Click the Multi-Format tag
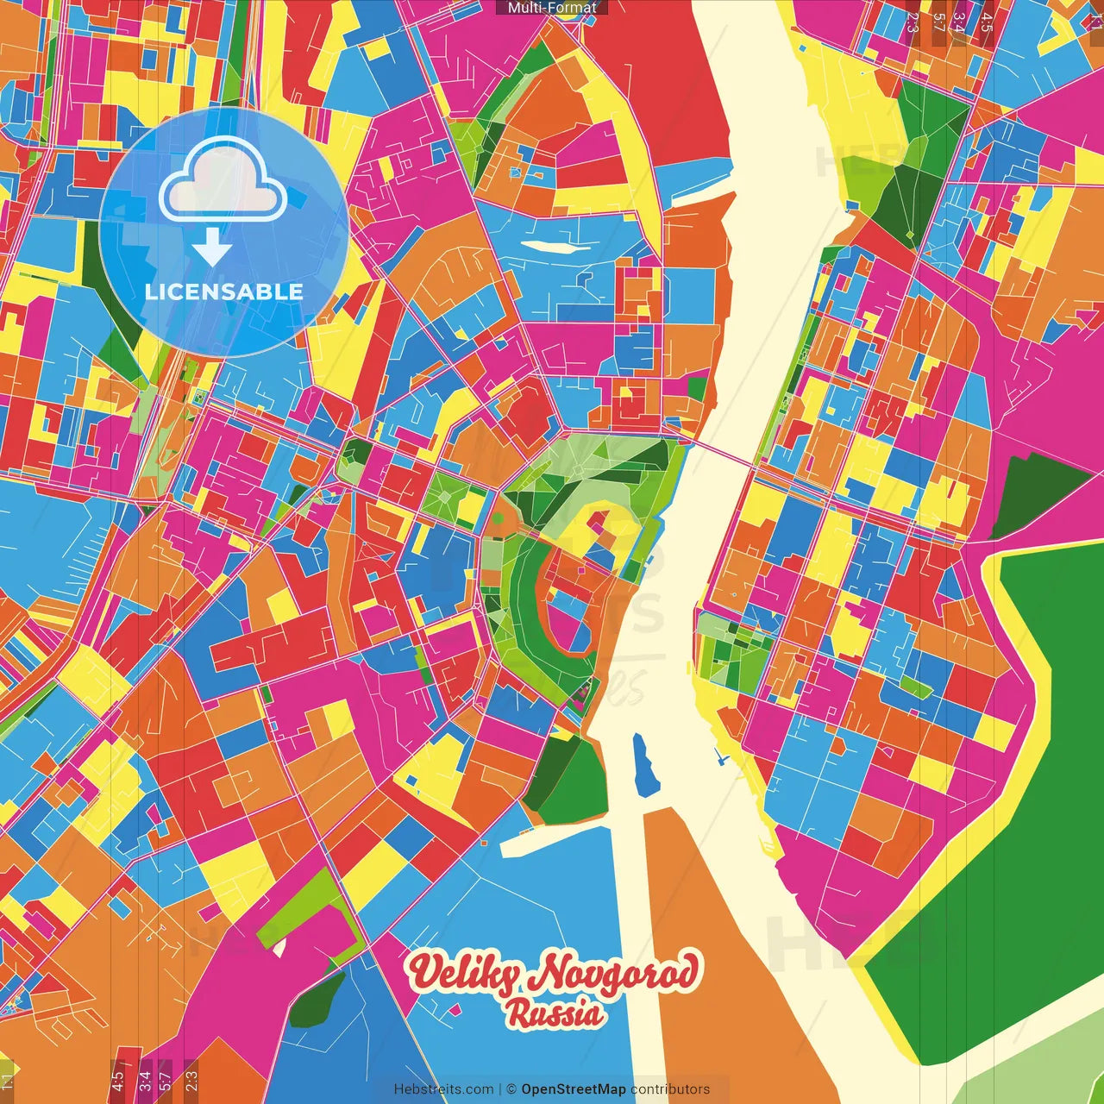tap(551, 7)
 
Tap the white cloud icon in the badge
tap(223, 179)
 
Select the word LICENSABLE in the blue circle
tap(224, 292)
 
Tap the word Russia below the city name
tap(555, 1013)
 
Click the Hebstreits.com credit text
tap(443, 1089)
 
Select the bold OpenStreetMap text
tap(573, 1089)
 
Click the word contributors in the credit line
tap(670, 1089)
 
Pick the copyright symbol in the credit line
tap(511, 1089)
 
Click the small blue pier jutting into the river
tap(720, 758)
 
